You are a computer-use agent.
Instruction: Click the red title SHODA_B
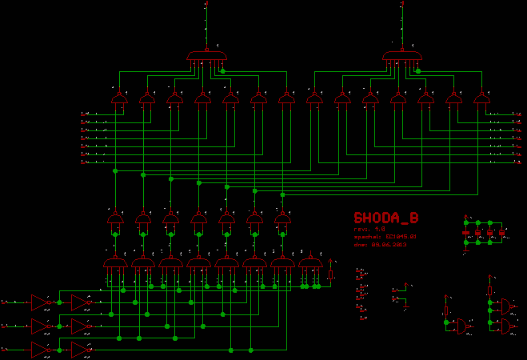click(x=385, y=218)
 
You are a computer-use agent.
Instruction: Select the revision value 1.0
click(x=380, y=230)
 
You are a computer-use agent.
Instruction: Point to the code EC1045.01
click(x=401, y=237)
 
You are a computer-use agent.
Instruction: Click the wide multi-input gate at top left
click(x=207, y=57)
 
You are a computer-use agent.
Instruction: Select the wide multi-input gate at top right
click(x=403, y=57)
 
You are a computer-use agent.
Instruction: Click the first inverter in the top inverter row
click(x=40, y=301)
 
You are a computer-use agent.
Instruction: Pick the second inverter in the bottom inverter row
click(x=80, y=349)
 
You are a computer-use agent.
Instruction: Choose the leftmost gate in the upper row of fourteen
click(x=120, y=99)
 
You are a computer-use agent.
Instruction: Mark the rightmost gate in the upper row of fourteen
click(x=481, y=99)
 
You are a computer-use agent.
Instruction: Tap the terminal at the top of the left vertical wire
click(x=207, y=4)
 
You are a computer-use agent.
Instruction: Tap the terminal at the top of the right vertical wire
click(x=401, y=4)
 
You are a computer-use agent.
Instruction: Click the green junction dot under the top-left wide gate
click(x=222, y=72)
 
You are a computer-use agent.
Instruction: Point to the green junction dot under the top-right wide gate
click(x=417, y=72)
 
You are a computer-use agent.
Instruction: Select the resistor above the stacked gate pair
click(x=489, y=289)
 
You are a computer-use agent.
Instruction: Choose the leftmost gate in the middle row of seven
click(x=115, y=218)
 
